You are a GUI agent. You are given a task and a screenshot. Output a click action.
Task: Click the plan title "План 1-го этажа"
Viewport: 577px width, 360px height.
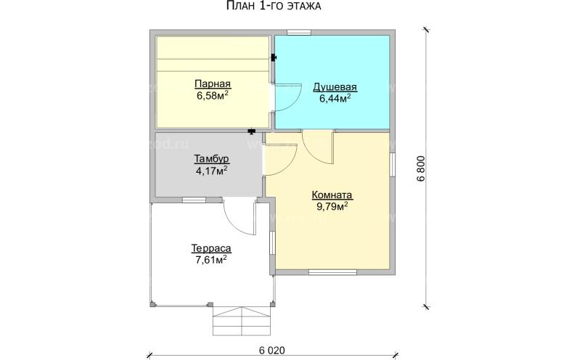pos(273,6)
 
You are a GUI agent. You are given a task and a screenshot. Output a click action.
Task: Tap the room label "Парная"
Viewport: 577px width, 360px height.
pos(213,84)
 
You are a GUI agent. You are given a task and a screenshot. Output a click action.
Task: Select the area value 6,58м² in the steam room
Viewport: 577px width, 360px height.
pos(213,96)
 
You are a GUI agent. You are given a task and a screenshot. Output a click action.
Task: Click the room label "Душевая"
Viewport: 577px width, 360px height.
pos(335,87)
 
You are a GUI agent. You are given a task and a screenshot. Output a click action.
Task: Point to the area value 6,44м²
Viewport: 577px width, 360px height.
pos(335,99)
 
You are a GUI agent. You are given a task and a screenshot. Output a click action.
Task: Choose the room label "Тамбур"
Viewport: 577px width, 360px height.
pos(212,159)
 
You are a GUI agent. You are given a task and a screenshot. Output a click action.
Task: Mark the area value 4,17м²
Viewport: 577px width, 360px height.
pos(212,171)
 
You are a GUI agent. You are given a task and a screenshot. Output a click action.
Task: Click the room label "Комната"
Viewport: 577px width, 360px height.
pos(332,195)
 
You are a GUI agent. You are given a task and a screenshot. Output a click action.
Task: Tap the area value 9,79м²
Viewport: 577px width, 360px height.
pos(332,207)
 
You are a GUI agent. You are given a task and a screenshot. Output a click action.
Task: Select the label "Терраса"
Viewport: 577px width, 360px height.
pos(211,248)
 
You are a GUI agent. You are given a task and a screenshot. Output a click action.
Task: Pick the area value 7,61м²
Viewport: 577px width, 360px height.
pos(211,260)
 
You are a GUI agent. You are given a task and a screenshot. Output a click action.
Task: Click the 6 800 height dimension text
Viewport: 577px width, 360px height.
pos(422,168)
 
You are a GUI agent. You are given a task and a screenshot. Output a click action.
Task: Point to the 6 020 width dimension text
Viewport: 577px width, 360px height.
pos(272,351)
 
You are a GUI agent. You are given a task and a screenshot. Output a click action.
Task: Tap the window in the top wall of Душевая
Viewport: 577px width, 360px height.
pos(299,33)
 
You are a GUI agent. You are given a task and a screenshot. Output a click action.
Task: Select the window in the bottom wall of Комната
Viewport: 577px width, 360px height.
pos(332,272)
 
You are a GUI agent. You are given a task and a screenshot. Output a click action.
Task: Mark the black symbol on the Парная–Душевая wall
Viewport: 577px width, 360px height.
pos(274,58)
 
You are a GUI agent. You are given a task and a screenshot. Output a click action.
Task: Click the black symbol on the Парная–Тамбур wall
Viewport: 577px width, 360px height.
pos(252,131)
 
